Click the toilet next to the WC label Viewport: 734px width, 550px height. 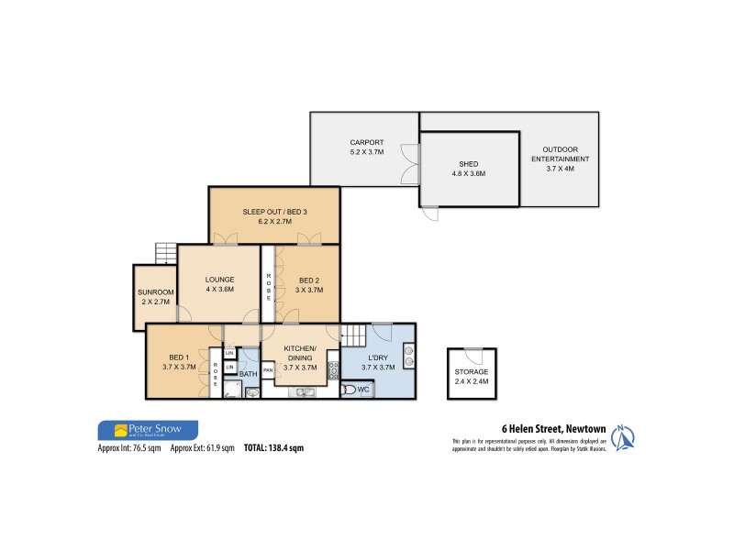tap(349, 390)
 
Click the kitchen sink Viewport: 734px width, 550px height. tap(304, 392)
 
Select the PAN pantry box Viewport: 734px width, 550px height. tap(268, 369)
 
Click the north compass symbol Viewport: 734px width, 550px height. tap(623, 438)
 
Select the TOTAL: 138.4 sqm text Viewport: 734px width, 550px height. tap(273, 448)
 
